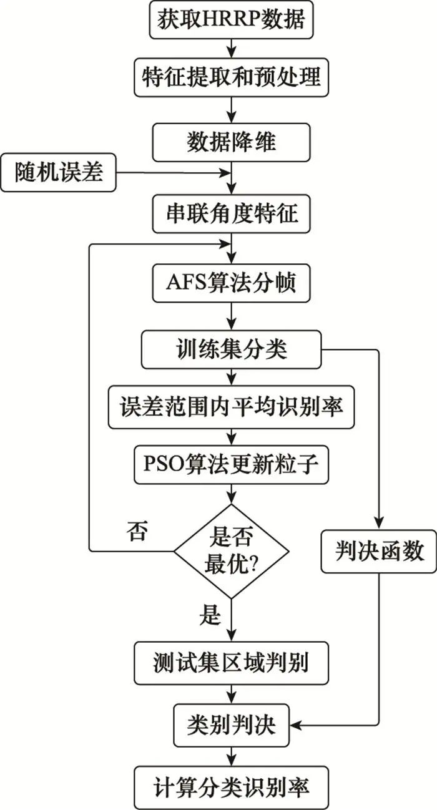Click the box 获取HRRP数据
(232, 21)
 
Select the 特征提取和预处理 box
(232, 77)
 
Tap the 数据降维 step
(232, 142)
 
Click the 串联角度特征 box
(232, 214)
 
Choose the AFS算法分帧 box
(232, 283)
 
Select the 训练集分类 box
(232, 350)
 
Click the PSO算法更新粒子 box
(232, 465)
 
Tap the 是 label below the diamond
(210, 615)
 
